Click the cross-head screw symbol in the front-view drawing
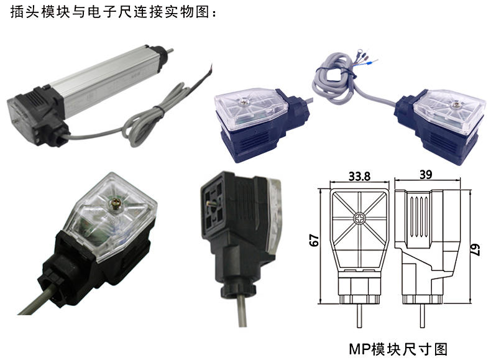pos(359,219)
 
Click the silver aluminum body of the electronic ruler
pos(106,81)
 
